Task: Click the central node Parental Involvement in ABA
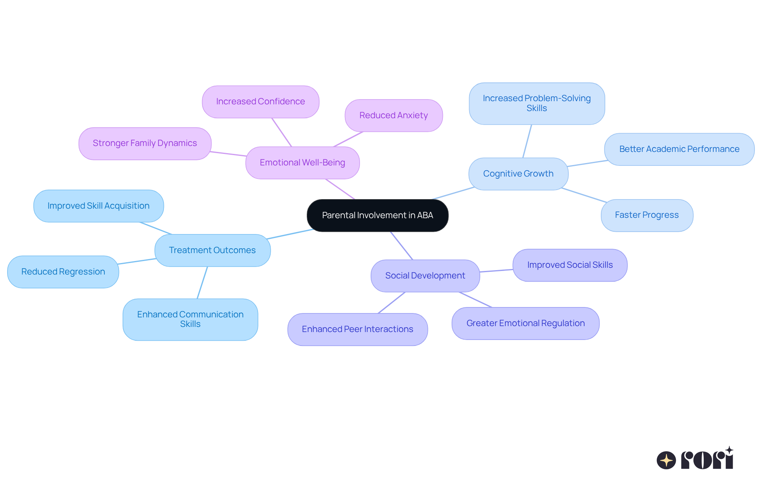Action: point(377,215)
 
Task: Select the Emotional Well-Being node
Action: point(302,163)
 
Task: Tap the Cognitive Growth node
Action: point(518,174)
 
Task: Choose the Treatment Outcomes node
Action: point(212,250)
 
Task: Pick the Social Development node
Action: point(425,276)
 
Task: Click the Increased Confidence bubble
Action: point(260,102)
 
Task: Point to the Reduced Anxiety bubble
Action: point(393,115)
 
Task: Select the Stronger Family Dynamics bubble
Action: point(145,143)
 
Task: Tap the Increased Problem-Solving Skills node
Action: point(537,103)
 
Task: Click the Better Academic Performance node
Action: point(679,149)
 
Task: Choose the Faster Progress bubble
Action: point(647,215)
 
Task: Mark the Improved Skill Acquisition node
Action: point(98,206)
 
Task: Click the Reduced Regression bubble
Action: point(63,272)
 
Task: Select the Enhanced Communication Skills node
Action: point(190,319)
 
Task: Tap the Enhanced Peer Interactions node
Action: point(357,329)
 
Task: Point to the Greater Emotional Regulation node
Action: point(525,323)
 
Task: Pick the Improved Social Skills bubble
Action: point(570,265)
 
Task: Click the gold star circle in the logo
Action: point(666,460)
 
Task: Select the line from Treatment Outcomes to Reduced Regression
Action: point(137,261)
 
